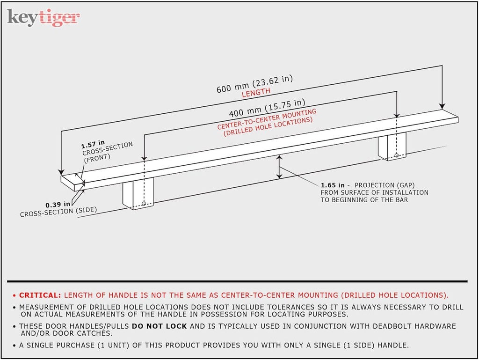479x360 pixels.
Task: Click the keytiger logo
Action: point(44,17)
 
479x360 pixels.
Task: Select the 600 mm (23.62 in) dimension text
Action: point(254,84)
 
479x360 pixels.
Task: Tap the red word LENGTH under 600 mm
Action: point(256,93)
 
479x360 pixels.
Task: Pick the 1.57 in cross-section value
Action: point(93,145)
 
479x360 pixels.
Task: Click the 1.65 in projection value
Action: point(333,185)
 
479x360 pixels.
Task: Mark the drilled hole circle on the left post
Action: point(144,203)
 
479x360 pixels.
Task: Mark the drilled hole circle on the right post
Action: point(396,155)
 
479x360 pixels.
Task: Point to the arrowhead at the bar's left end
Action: point(61,172)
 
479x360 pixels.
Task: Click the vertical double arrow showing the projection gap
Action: point(279,167)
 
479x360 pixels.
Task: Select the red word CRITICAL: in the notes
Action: point(40,295)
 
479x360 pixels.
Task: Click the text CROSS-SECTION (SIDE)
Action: point(58,212)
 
